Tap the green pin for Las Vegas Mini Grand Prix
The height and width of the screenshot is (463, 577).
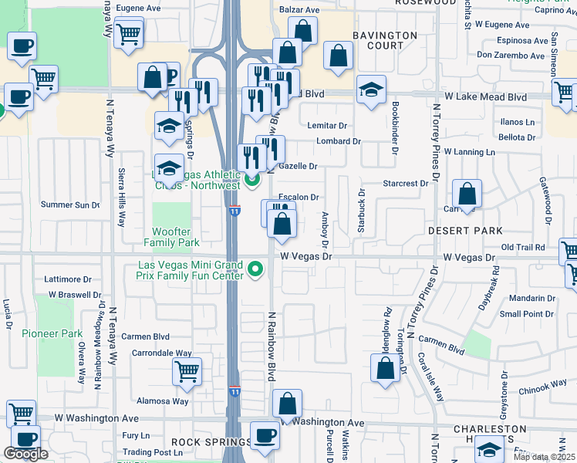point(256,270)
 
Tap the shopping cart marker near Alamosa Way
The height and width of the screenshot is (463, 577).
point(187,372)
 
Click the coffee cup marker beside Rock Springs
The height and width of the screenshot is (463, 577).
point(265,435)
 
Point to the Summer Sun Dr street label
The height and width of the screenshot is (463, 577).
point(70,205)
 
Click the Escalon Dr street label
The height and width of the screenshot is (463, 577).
point(299,198)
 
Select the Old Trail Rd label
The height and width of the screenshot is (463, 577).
point(523,247)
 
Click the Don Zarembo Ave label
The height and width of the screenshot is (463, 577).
point(511,56)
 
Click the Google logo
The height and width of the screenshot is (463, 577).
point(26,454)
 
